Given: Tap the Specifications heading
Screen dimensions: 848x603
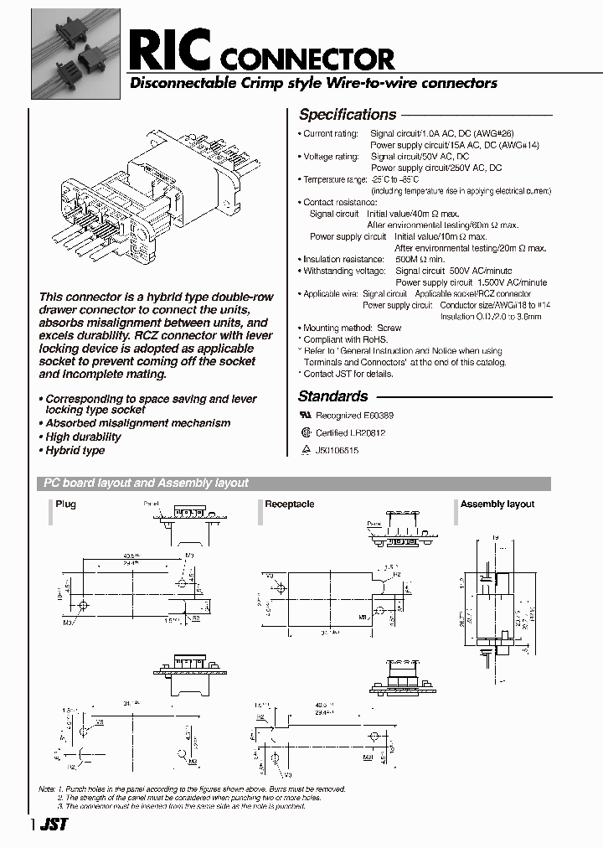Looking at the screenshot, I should click(348, 115).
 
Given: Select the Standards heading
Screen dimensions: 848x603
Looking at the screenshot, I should click(332, 396).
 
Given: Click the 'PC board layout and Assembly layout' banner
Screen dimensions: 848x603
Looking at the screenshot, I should click(146, 483).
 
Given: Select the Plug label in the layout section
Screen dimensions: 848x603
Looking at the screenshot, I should click(65, 504).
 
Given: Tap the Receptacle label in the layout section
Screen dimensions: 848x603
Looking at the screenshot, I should click(289, 504).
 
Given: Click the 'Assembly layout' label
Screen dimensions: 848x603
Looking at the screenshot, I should click(497, 504).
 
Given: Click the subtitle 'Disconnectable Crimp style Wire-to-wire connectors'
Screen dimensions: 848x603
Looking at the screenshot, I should click(312, 83).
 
